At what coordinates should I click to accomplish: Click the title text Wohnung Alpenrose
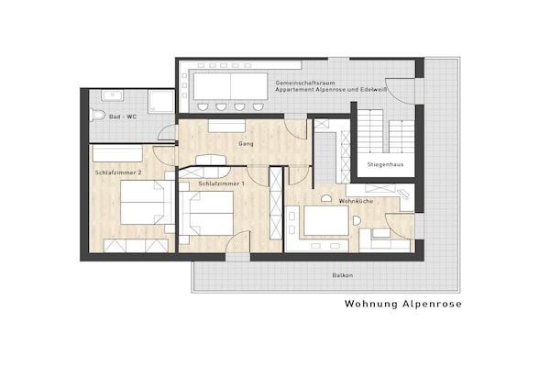[403, 304]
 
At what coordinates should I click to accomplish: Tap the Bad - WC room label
[123, 117]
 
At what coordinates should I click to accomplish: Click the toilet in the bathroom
[97, 115]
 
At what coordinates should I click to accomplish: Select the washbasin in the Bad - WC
[112, 95]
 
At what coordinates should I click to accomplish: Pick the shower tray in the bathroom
[161, 101]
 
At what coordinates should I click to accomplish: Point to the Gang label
[246, 144]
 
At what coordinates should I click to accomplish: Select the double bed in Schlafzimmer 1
[206, 213]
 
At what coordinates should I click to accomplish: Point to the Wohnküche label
[356, 201]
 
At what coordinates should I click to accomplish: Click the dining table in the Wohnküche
[326, 220]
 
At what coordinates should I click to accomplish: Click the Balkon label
[343, 275]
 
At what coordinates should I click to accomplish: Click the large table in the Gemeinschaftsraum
[230, 86]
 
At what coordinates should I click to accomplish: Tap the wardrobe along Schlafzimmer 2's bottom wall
[136, 246]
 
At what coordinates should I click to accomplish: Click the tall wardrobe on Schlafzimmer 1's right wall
[276, 204]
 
